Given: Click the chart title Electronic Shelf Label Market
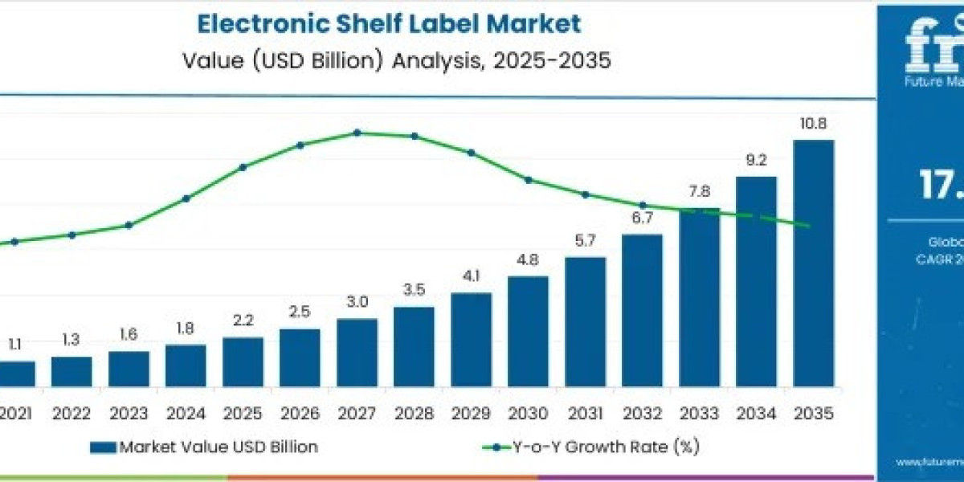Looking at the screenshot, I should pyautogui.click(x=389, y=23).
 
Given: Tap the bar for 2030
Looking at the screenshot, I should pyautogui.click(x=528, y=331).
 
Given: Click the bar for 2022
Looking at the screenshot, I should pyautogui.click(x=71, y=371).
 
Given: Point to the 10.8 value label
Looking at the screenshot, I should pyautogui.click(x=813, y=124).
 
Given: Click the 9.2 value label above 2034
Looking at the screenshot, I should pyautogui.click(x=756, y=161).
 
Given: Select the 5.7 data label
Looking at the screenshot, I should pyautogui.click(x=585, y=241).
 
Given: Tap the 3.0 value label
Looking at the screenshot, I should pyautogui.click(x=357, y=302).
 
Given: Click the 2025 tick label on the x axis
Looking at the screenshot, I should pyautogui.click(x=243, y=414).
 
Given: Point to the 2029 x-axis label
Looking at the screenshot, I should pyautogui.click(x=471, y=414).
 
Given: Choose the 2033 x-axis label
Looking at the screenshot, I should pyautogui.click(x=699, y=414).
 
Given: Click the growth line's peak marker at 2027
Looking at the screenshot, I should pyautogui.click(x=357, y=133).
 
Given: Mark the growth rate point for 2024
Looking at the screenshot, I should pyautogui.click(x=186, y=198).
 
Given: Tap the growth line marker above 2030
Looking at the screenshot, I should pyautogui.click(x=529, y=180).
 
